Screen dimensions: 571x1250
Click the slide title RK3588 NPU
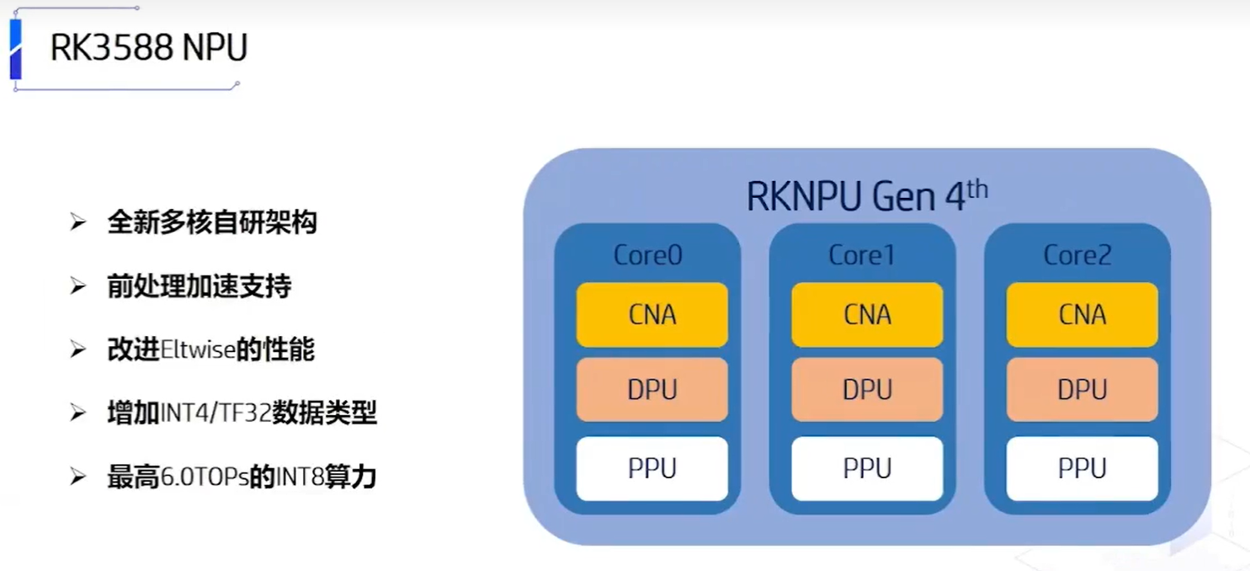(148, 48)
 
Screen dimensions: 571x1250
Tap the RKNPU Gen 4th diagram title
(866, 196)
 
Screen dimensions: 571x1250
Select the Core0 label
(647, 255)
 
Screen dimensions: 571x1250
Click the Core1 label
(862, 255)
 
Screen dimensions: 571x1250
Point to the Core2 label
(1077, 255)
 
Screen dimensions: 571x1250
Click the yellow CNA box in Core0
(652, 315)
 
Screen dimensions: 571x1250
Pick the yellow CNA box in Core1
(867, 315)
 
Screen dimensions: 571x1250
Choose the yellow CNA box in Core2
(1082, 315)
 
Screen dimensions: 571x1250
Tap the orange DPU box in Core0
(652, 390)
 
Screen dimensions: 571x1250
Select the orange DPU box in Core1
(867, 390)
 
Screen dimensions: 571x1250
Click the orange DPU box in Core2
(1082, 390)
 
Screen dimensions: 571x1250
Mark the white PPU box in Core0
(652, 468)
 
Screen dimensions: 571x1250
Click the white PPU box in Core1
(867, 468)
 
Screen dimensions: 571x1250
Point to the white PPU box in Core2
(1082, 468)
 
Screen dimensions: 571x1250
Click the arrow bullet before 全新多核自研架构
(78, 223)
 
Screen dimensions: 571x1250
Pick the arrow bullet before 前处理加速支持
(78, 287)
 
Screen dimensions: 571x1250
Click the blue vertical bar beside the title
(15, 49)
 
